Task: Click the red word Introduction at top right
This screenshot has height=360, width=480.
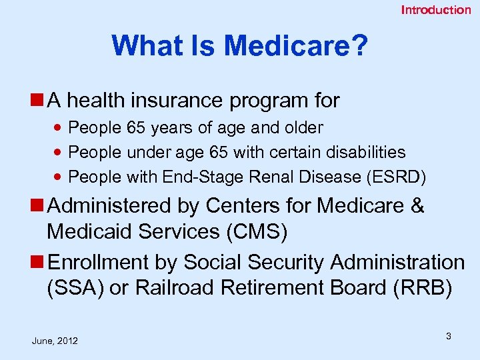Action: (x=435, y=9)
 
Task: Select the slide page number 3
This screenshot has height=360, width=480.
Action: (x=448, y=336)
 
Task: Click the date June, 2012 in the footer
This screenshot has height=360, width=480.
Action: (x=55, y=341)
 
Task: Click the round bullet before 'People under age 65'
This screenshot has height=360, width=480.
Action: (x=60, y=153)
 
